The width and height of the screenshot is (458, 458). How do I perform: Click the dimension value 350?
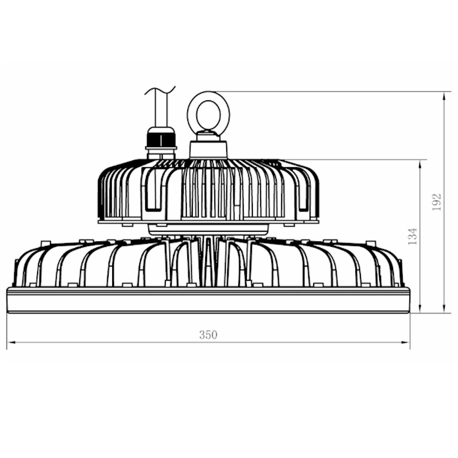pyautogui.click(x=208, y=335)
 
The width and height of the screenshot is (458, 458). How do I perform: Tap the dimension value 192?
pyautogui.click(x=436, y=202)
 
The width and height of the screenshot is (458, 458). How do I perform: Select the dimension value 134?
pyautogui.click(x=413, y=236)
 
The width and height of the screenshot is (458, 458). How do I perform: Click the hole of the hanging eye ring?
pyautogui.click(x=208, y=114)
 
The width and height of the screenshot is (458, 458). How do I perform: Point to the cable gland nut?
pyautogui.click(x=161, y=140)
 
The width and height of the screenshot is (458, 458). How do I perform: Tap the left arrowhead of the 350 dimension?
pyautogui.click(x=11, y=342)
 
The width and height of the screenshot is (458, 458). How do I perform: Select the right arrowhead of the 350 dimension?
pyautogui.click(x=406, y=342)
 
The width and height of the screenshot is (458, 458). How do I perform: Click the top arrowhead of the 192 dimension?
pyautogui.click(x=444, y=96)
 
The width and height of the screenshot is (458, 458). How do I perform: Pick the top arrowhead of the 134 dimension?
pyautogui.click(x=420, y=164)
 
